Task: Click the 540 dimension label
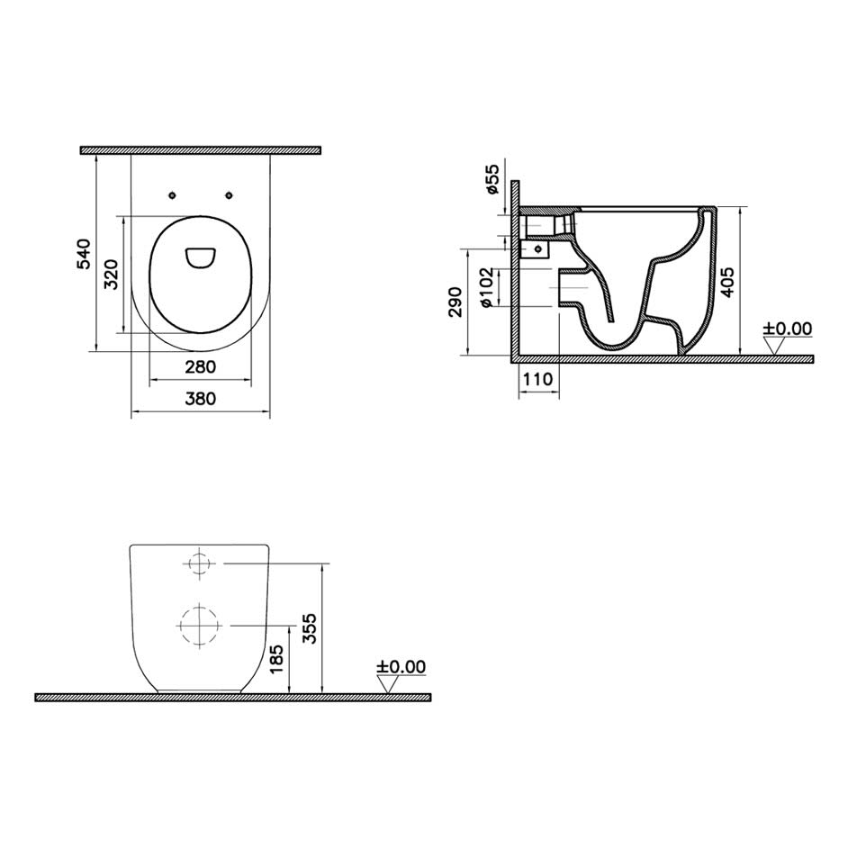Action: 84,254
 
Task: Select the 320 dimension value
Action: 111,275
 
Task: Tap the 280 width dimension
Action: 200,367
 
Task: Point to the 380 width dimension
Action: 200,399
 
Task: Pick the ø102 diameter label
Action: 486,288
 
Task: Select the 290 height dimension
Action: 456,302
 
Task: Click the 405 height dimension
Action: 728,282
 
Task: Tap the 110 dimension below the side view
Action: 538,379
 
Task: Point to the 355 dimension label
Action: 309,628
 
